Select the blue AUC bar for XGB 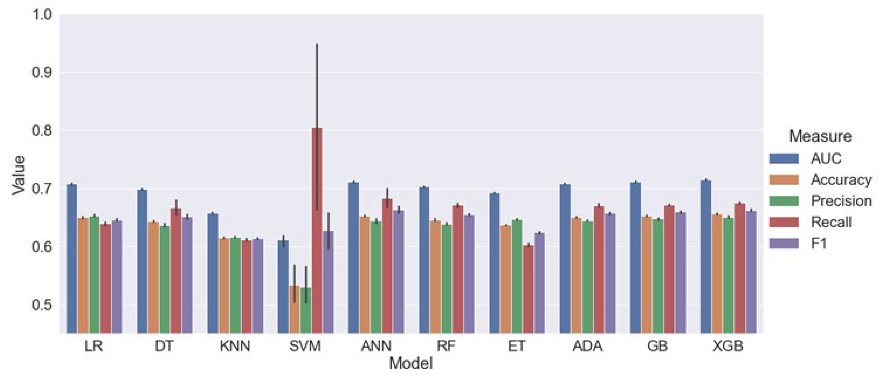click(706, 257)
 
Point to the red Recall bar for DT click(176, 271)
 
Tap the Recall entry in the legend click(831, 222)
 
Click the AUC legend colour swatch click(784, 159)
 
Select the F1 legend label click(819, 244)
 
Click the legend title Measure click(820, 137)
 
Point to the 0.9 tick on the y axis click(42, 72)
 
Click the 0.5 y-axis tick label click(42, 305)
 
